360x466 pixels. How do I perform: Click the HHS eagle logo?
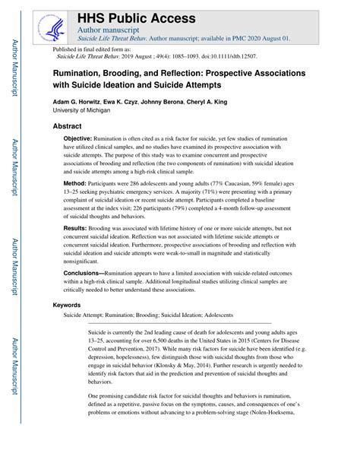click(x=55, y=24)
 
